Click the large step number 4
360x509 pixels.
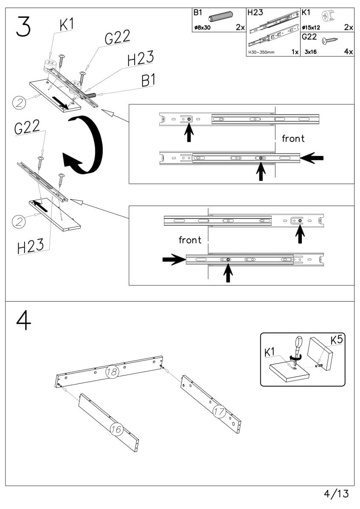[x=24, y=323]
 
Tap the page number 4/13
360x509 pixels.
[x=336, y=494]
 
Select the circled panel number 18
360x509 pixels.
[x=112, y=372]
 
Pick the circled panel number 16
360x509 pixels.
[x=116, y=429]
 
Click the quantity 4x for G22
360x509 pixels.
[x=348, y=51]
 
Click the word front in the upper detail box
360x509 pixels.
[x=293, y=138]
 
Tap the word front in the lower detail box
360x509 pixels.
[x=190, y=240]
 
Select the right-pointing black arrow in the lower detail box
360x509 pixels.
[x=172, y=260]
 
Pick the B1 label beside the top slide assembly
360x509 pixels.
[x=147, y=81]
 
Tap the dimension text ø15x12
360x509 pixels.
[x=311, y=28]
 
